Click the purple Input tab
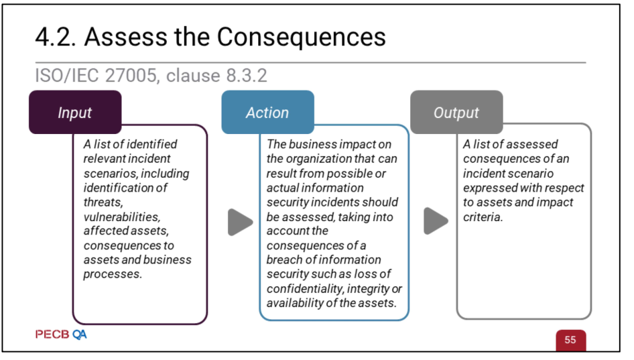(x=75, y=112)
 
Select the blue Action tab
(x=267, y=112)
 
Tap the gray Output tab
(x=456, y=112)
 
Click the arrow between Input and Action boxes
(x=240, y=222)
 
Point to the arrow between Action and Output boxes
(x=436, y=221)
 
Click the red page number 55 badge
(x=570, y=340)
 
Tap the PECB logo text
(x=52, y=335)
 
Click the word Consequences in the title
(x=301, y=37)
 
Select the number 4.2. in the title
(x=56, y=38)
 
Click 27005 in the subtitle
(x=131, y=76)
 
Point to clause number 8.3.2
(x=247, y=76)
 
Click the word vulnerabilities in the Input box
(x=122, y=217)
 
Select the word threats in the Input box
(x=103, y=202)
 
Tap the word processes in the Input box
(x=113, y=275)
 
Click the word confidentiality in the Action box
(x=305, y=289)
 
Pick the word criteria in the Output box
(x=483, y=217)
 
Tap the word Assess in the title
(x=126, y=37)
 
